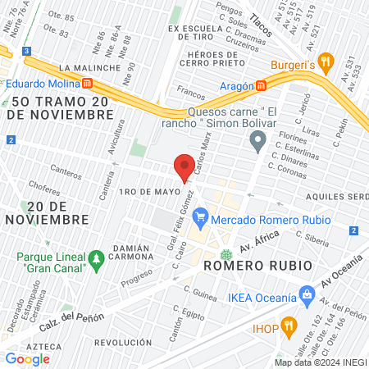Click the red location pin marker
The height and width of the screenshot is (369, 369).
185,166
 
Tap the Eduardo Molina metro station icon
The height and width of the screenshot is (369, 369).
86,83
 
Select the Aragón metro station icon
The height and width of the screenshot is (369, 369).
261,84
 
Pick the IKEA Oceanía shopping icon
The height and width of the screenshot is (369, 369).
306,293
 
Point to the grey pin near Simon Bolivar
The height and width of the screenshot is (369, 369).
259,142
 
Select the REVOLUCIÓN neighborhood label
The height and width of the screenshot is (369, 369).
123,342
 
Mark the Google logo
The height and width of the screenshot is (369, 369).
27,358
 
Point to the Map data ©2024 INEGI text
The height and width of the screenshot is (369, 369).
318,362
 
